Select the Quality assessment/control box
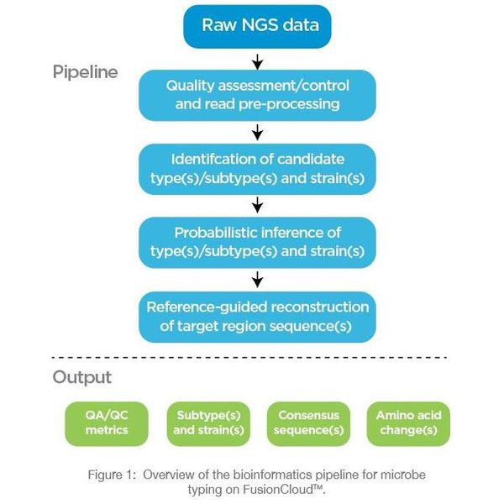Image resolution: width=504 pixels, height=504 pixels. pos(257,95)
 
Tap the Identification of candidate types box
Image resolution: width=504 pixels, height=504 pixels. pos(257,168)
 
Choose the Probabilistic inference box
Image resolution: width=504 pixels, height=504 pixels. pos(257,241)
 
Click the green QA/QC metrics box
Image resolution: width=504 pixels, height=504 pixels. pos(107,423)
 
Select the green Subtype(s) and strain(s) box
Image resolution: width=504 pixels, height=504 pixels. pos(209,423)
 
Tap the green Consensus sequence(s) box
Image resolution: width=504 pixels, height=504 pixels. pos(308,423)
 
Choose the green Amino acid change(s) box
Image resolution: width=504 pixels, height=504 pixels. pos(408,423)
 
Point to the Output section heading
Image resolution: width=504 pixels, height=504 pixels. pos(82,377)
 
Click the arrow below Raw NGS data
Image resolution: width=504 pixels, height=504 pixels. pos(258,61)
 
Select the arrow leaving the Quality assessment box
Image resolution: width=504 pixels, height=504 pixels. pos(258,132)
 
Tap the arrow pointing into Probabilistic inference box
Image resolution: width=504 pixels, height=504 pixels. pos(258,205)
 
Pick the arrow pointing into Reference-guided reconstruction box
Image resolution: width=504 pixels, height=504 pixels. pos(258,278)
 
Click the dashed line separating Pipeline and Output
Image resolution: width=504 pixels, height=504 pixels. pos(252,357)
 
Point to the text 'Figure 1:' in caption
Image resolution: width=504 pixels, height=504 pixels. pos(112,475)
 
